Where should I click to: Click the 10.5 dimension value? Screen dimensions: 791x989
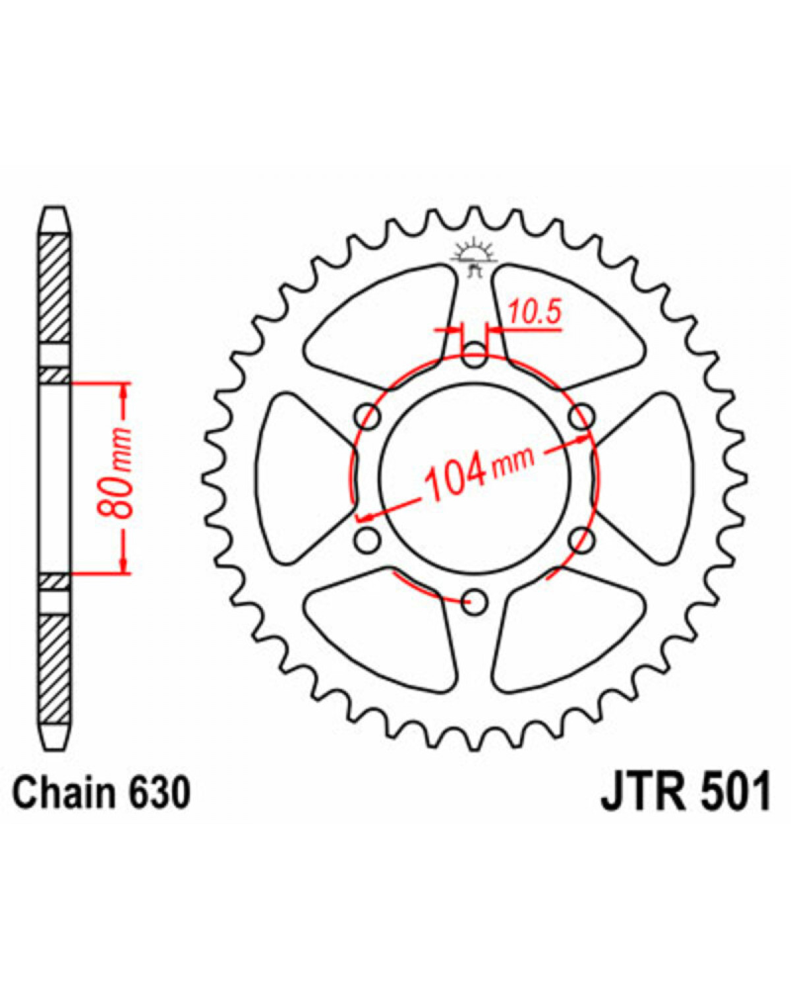point(535,312)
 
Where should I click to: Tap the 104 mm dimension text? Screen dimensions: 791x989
point(479,474)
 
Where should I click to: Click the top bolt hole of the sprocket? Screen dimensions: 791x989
point(475,355)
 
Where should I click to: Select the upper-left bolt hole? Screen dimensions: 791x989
point(368,417)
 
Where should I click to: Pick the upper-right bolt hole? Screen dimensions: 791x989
point(582,417)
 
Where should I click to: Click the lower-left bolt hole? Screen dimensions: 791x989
point(368,540)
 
